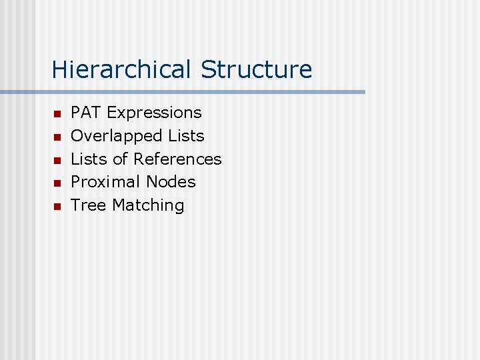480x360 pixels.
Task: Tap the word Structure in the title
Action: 256,69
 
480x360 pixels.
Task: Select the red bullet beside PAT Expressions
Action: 57,114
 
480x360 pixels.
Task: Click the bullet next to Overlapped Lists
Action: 57,137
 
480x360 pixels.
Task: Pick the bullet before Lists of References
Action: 57,161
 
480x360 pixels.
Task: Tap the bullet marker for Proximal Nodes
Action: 57,183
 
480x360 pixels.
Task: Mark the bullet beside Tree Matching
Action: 57,207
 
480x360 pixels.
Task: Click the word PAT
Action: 86,113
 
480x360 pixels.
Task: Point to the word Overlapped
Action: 117,136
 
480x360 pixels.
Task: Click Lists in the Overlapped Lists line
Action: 186,136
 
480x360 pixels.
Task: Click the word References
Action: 177,159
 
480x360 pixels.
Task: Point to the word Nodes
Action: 171,182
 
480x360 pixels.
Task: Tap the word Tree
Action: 89,205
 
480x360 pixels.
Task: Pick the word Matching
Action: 148,205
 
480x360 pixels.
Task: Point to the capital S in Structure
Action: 207,69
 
